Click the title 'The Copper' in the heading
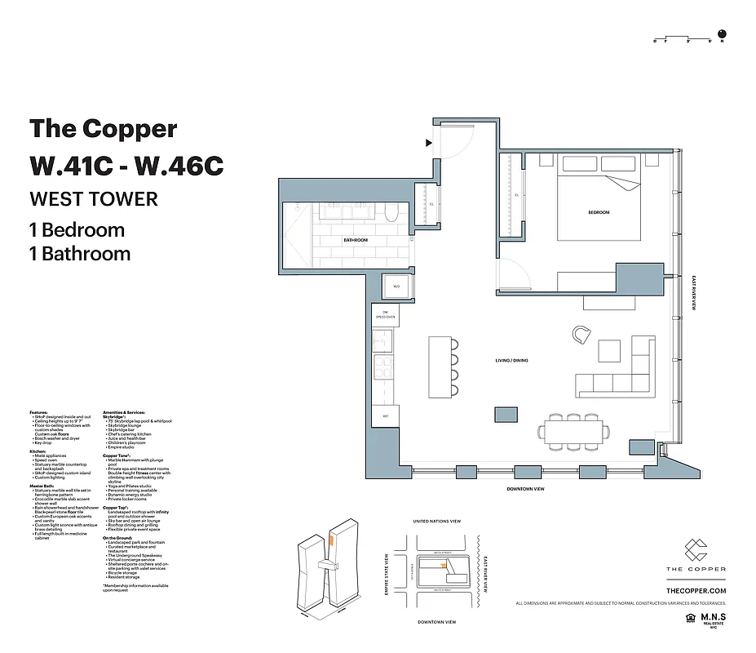[103, 129]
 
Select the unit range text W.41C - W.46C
[126, 165]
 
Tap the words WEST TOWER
[94, 198]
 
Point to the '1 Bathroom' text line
[80, 254]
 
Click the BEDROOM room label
[599, 212]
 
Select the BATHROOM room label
[356, 240]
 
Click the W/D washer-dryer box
[396, 287]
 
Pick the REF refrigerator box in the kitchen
[385, 417]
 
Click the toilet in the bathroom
[391, 214]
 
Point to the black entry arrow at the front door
[428, 143]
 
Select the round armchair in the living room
[581, 334]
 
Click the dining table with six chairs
[575, 431]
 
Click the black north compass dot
[722, 35]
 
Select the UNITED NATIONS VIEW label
[437, 521]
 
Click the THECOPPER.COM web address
[696, 590]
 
